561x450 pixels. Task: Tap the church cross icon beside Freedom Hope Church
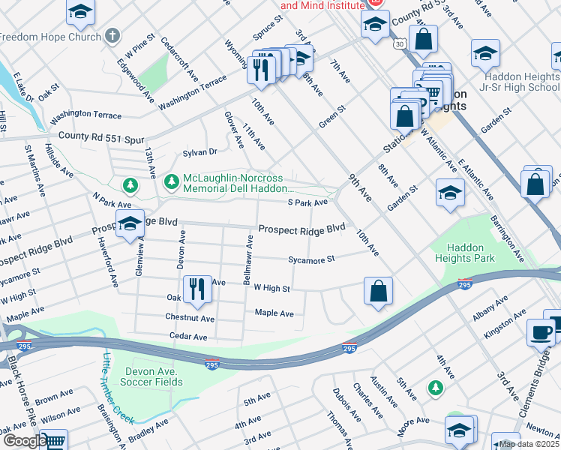click(112, 35)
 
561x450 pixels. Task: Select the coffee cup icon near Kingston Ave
click(540, 332)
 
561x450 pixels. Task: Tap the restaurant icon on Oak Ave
click(196, 289)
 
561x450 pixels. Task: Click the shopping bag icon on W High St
click(379, 291)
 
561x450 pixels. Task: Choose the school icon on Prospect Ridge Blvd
click(129, 222)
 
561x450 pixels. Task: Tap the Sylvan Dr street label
click(201, 151)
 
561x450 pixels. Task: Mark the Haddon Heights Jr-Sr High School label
click(521, 82)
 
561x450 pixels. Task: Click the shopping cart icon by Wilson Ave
click(52, 441)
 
